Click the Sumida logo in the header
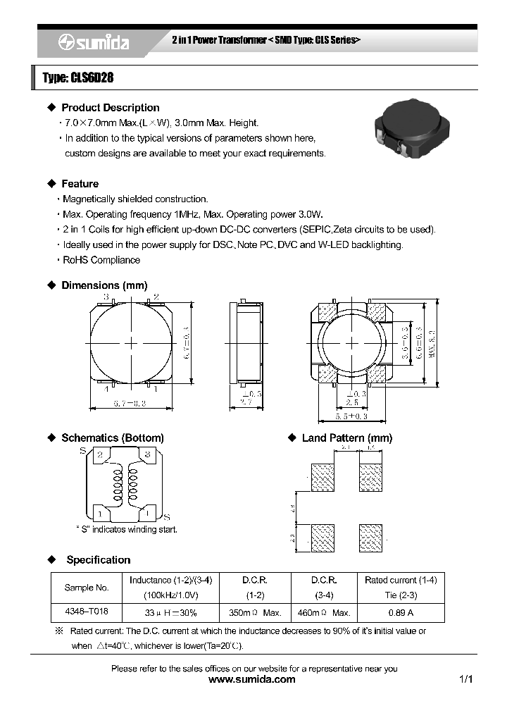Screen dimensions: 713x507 click(94, 43)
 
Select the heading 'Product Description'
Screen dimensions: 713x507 click(110, 108)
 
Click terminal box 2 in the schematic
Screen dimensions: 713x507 click(101, 455)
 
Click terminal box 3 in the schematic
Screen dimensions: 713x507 click(148, 455)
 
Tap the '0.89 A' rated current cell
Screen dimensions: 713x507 click(401, 612)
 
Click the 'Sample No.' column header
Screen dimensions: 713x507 click(87, 587)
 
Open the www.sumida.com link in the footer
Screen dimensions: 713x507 click(253, 680)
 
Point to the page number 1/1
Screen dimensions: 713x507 click(465, 680)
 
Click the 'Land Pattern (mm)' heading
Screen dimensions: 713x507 click(346, 438)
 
